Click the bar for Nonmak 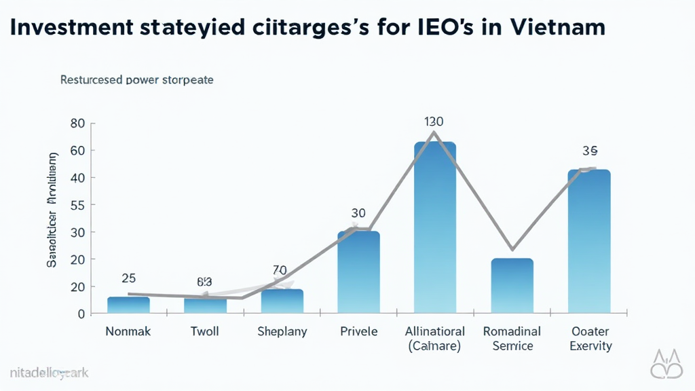point(128,305)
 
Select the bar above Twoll point(205,305)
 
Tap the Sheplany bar point(282,301)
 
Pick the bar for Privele point(358,272)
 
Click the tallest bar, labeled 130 point(434,227)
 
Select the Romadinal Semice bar point(512,286)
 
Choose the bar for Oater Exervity point(588,241)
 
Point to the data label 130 point(434,122)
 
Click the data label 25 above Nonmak point(128,278)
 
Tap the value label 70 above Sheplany point(280,270)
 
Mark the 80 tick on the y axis point(77,124)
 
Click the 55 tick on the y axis point(77,205)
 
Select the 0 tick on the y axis point(79,314)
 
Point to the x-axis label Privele point(358,332)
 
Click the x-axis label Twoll point(205,332)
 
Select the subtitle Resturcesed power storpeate point(137,79)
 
